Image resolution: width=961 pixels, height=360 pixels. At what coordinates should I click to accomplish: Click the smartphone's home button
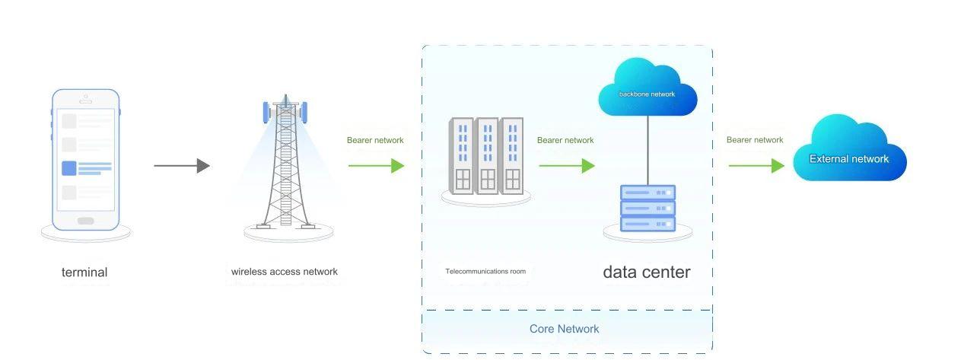coord(86,221)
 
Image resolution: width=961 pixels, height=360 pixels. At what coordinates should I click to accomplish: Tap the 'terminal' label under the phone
coord(84,272)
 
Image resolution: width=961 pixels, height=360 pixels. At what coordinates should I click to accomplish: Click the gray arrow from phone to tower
coord(181,166)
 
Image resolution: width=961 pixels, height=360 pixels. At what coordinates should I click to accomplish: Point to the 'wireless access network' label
coord(285,272)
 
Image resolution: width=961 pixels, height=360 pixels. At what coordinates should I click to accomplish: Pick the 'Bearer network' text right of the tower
coord(375,140)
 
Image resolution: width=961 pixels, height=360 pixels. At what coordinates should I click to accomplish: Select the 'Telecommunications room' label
coord(485,271)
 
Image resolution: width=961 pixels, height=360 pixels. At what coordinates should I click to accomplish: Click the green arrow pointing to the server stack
coord(566,166)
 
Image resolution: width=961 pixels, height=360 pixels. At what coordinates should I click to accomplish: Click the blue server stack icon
coord(648,209)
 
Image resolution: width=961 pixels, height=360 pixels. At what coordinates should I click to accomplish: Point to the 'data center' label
coord(647,272)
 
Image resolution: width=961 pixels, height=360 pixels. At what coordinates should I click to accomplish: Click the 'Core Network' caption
coord(564,329)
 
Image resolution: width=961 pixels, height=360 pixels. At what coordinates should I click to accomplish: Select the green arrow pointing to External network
coord(756,166)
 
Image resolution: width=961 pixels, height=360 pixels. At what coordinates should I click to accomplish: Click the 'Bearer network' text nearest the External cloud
coord(755,140)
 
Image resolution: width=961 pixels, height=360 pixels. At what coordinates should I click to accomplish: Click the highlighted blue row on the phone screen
coord(86,168)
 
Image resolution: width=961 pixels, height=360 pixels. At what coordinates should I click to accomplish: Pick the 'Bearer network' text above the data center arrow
coord(565,140)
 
